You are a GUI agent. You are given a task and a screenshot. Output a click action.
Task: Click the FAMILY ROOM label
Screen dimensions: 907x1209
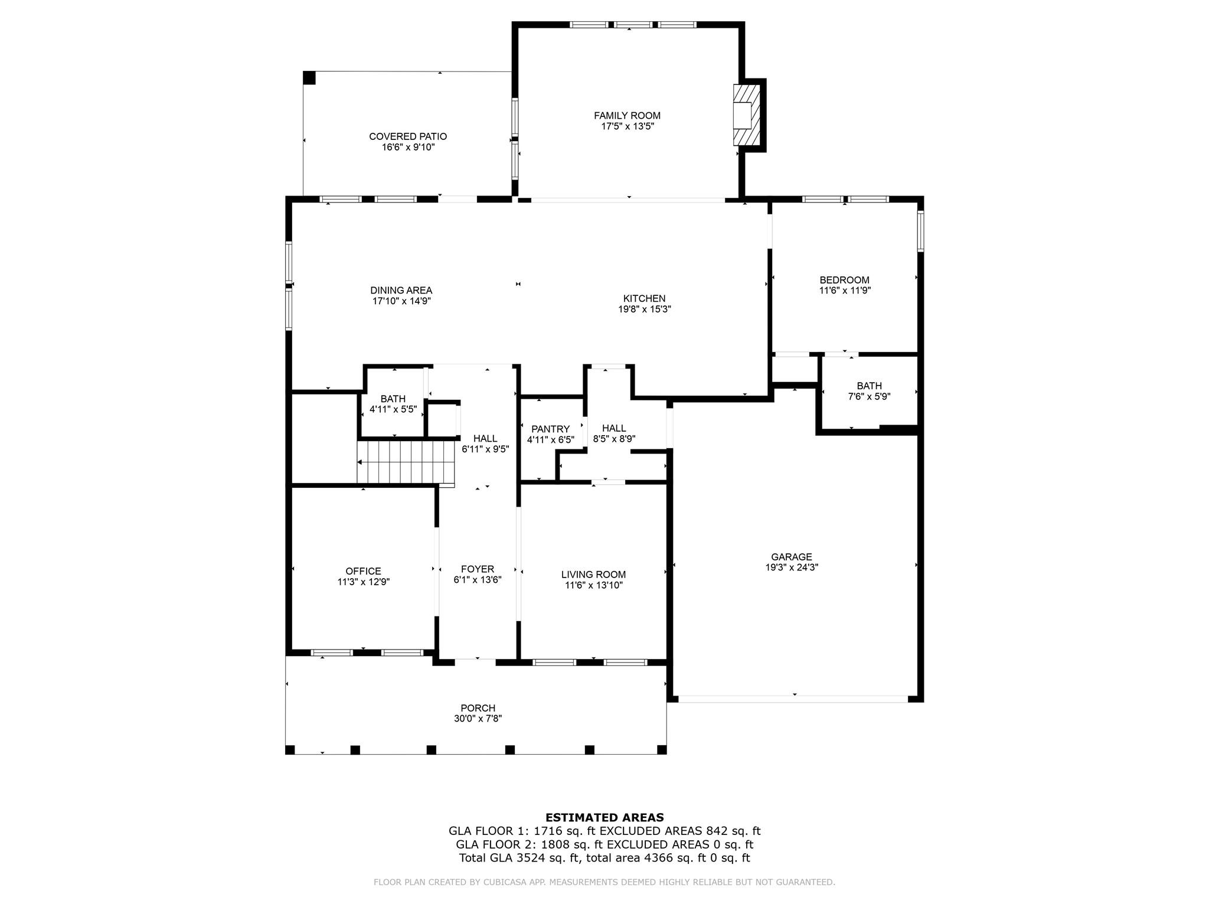(x=627, y=116)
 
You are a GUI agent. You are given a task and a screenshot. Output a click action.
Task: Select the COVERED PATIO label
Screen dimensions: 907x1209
(x=408, y=136)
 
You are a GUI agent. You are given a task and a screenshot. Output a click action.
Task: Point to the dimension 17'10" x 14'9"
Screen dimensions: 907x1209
(x=401, y=301)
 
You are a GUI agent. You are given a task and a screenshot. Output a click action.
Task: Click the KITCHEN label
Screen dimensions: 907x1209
(x=644, y=299)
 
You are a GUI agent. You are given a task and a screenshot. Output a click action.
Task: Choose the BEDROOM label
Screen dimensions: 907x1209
(x=844, y=280)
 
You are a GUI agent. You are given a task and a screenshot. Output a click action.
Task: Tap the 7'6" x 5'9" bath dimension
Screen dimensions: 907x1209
(x=869, y=397)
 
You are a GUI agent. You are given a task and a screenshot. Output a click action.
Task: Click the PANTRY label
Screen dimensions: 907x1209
(x=550, y=429)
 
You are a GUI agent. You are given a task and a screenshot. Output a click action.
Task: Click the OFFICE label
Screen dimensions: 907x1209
(x=363, y=571)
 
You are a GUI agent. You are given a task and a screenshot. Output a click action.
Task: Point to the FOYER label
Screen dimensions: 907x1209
(x=478, y=569)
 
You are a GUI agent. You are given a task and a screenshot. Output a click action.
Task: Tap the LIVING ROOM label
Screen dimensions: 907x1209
(x=593, y=575)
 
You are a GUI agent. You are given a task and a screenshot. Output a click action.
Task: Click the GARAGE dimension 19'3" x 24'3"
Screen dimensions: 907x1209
(x=792, y=567)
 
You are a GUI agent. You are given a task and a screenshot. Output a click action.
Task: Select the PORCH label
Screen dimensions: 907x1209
(x=478, y=708)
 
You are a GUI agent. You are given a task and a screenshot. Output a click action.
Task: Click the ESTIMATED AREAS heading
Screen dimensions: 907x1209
(x=604, y=818)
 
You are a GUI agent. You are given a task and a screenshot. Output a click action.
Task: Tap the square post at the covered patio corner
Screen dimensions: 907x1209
(x=309, y=77)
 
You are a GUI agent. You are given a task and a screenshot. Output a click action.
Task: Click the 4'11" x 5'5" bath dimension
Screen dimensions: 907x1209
(x=393, y=409)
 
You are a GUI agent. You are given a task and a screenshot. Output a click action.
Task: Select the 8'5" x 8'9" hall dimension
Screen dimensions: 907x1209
(x=614, y=439)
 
